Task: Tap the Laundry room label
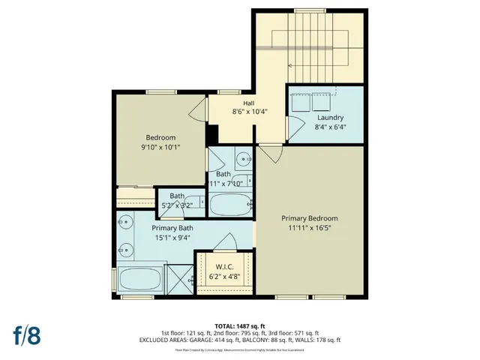click(x=330, y=118)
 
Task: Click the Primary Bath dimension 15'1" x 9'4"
click(x=172, y=238)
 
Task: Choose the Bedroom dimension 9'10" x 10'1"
click(x=160, y=148)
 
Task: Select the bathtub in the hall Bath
click(x=232, y=203)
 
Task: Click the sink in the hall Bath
click(x=243, y=159)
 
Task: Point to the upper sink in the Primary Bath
click(x=124, y=222)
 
